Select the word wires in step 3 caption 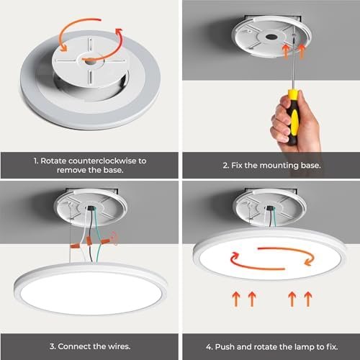[x=119, y=346]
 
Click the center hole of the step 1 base [x=91, y=61]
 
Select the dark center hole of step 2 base [x=271, y=37]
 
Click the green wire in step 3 [x=99, y=236]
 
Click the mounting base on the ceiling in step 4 [x=270, y=208]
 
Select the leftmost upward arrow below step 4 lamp [x=236, y=299]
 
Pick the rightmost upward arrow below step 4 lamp [x=308, y=299]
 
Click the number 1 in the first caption [x=36, y=161]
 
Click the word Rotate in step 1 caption [x=53, y=161]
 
